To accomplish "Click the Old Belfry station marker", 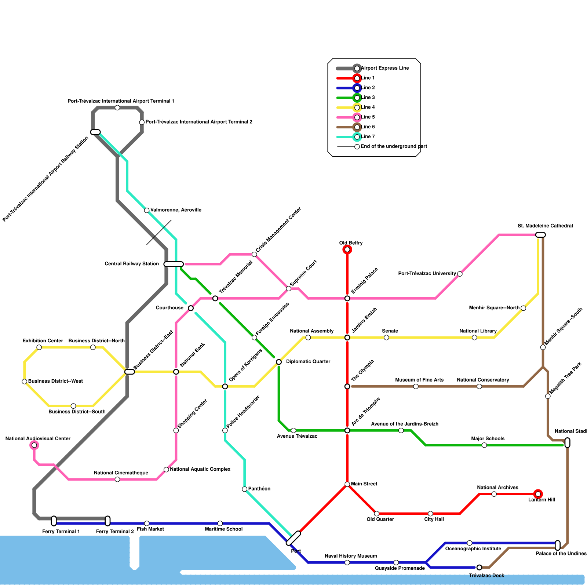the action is pos(347,250).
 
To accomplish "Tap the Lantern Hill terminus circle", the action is pos(538,494).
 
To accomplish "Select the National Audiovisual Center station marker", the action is pos(34,445).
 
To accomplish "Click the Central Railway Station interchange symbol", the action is pos(174,264).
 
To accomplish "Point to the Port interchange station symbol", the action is pos(293,538).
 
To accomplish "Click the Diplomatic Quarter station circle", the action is pos(279,362).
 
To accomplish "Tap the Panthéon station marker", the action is pos(245,489).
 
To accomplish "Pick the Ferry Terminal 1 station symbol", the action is pos(54,521).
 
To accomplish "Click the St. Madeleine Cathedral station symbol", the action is pos(540,235).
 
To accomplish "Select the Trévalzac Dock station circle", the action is pos(479,568).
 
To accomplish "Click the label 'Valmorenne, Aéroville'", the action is pos(176,210).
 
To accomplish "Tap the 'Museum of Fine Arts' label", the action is pos(419,380).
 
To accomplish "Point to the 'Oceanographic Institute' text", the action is pos(473,549).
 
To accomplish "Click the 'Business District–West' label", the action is pos(55,382).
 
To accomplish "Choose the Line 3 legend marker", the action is pos(357,98).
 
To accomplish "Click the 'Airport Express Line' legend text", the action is pos(385,68).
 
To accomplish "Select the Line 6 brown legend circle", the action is pos(357,127).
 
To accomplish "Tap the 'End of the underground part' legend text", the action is pos(394,147).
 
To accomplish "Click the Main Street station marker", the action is pos(347,484).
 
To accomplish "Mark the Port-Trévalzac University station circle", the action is pos(460,274).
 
